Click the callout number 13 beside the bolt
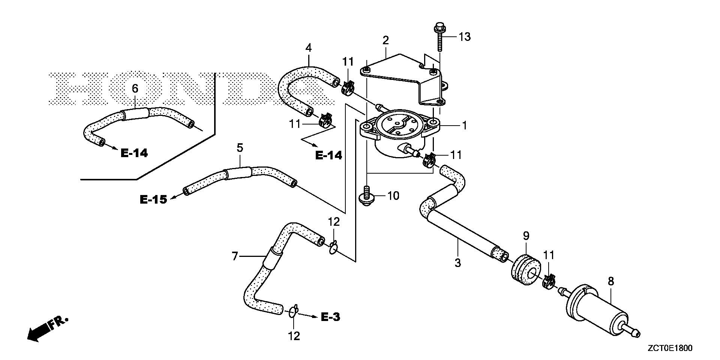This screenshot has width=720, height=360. (465, 37)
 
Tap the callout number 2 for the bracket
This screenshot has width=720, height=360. (385, 40)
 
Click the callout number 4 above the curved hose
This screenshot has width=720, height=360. (308, 48)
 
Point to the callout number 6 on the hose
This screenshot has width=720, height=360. (135, 88)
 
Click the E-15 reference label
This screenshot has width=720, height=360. (153, 199)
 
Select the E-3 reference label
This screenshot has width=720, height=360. (331, 317)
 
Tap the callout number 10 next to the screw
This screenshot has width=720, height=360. (393, 196)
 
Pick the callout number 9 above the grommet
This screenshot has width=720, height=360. (526, 236)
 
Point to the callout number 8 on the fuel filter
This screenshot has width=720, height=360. (610, 282)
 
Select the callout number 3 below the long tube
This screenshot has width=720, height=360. (457, 263)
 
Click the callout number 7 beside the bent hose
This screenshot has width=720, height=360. (235, 256)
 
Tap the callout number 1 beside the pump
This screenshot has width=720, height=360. (464, 126)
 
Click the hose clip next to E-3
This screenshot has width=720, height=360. (293, 311)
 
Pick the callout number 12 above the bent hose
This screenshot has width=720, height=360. (334, 222)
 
